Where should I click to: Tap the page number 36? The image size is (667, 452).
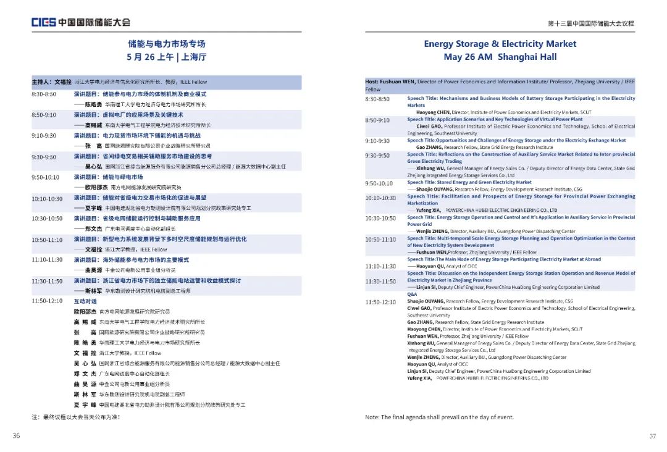click(x=16, y=436)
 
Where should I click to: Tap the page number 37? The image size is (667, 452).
click(x=652, y=436)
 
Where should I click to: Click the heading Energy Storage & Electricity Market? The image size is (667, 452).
click(x=500, y=44)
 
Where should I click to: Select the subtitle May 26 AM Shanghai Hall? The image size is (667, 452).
click(x=500, y=57)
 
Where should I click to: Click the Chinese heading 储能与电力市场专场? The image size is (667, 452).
click(x=166, y=44)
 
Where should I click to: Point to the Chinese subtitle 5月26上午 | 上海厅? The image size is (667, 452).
click(x=166, y=57)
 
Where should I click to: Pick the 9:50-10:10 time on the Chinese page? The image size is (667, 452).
click(x=46, y=177)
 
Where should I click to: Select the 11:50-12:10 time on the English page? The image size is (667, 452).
click(x=380, y=302)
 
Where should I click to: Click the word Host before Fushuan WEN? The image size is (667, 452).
click(x=372, y=82)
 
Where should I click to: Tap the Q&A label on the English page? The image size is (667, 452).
click(x=412, y=294)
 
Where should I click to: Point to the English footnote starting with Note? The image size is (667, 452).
click(x=439, y=417)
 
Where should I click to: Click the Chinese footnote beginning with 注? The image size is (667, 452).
click(x=76, y=417)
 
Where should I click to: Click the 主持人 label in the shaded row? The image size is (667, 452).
click(x=42, y=82)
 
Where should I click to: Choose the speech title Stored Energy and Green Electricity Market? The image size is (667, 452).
click(x=469, y=183)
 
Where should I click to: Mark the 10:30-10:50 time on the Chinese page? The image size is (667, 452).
click(x=47, y=219)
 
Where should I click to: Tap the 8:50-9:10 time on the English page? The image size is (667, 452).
click(x=377, y=120)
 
